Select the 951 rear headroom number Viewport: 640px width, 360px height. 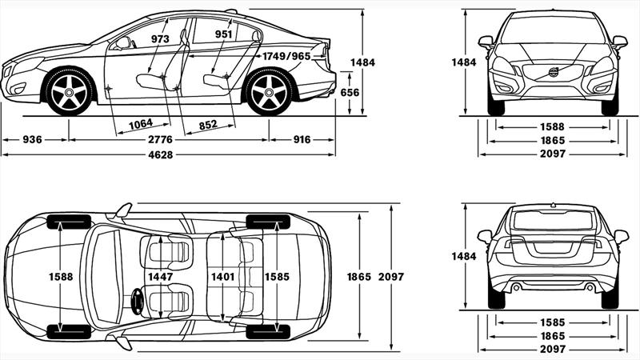tap(223, 34)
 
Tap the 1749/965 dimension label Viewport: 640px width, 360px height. tap(286, 56)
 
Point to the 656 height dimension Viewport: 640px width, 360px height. tap(350, 93)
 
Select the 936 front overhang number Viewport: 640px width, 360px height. tap(33, 140)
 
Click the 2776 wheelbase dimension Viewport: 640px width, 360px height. tap(167, 140)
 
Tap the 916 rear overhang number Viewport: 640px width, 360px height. tap(302, 140)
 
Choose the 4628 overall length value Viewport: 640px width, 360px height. tap(167, 154)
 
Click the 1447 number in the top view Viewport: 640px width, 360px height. tap(160, 277)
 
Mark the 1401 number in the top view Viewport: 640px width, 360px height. tap(222, 277)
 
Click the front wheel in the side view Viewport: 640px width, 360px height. tap(69, 93)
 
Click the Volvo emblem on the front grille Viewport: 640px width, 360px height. tap(553, 73)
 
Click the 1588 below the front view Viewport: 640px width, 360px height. tap(552, 126)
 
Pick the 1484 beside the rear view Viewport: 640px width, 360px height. tap(463, 256)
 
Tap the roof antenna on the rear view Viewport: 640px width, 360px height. tap(553, 206)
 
